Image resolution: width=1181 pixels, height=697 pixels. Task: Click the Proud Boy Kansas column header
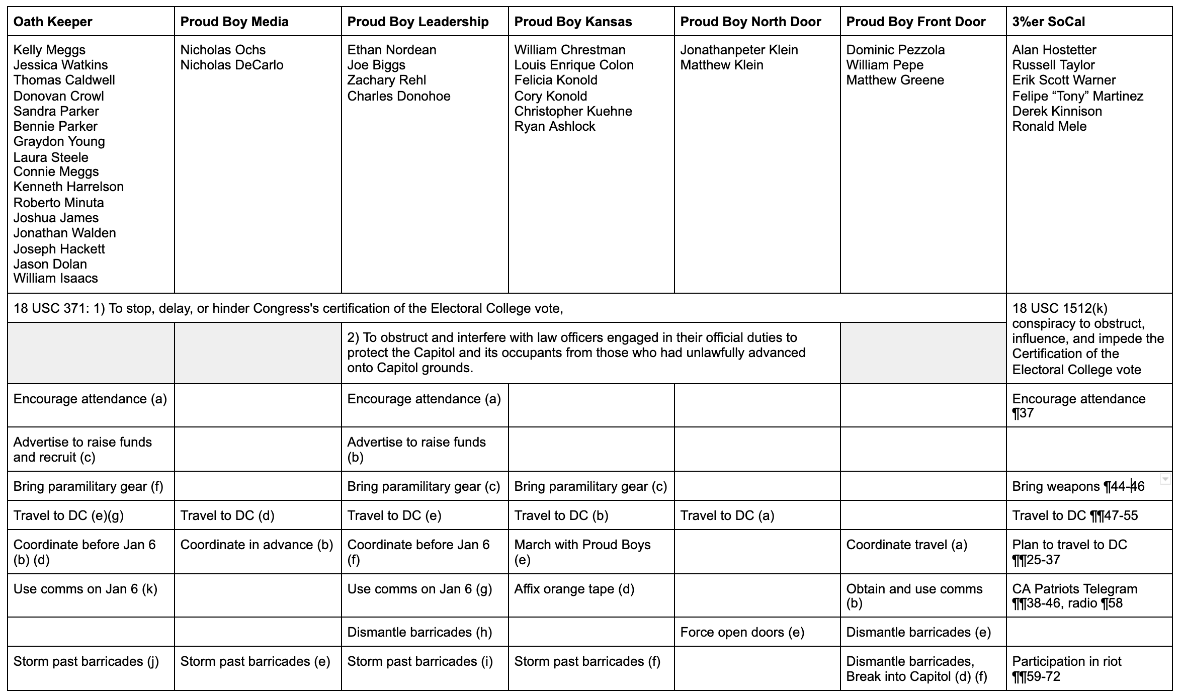(573, 22)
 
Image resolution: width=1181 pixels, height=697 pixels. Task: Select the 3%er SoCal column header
(1048, 22)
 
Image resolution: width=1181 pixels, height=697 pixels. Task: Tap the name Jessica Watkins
(60, 65)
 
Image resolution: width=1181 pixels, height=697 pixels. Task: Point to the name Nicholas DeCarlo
(232, 65)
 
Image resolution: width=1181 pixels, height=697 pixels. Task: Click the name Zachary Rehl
(386, 80)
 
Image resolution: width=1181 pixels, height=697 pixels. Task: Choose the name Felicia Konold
(555, 80)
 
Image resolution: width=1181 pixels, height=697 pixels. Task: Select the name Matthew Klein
(721, 65)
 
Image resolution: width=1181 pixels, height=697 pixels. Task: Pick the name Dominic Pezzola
(895, 50)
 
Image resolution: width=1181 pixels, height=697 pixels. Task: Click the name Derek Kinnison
(1057, 111)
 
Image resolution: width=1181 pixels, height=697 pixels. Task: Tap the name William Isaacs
(55, 278)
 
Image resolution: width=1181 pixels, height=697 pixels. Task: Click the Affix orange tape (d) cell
(574, 589)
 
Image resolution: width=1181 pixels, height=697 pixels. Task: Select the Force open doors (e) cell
(742, 632)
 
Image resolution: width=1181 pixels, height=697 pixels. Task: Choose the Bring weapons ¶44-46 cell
(1078, 486)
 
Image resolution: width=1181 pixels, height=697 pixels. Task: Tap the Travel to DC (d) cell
(227, 515)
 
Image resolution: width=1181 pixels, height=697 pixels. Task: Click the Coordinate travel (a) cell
(906, 545)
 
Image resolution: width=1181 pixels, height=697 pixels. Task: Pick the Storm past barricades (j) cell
(86, 661)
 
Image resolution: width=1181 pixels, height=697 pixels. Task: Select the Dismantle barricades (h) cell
(419, 632)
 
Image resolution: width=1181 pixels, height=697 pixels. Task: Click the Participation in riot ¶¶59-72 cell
(1066, 668)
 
